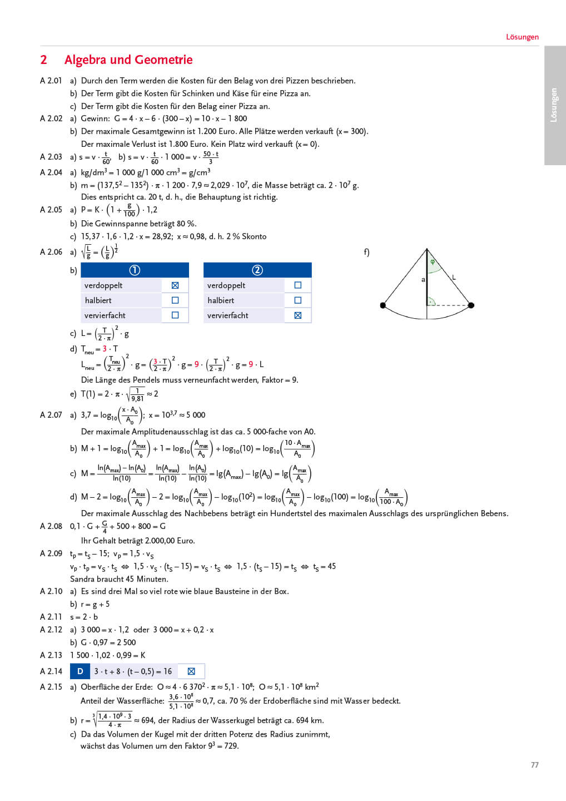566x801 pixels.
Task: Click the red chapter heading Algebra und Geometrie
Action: point(128,60)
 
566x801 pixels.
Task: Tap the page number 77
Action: point(534,765)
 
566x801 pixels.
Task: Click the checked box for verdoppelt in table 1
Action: point(175,285)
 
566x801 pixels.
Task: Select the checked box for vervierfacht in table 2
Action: point(298,315)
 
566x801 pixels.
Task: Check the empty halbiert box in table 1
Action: point(175,300)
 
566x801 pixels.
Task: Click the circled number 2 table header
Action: point(257,270)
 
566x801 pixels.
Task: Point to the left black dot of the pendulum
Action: point(383,305)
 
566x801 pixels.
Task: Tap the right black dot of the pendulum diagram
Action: point(471,305)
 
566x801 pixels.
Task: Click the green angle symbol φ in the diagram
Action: point(433,262)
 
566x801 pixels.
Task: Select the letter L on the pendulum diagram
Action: point(454,277)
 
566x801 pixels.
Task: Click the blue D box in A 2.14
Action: point(80,671)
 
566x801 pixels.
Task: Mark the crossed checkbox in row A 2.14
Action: point(191,671)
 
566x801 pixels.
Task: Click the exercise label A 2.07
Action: point(51,415)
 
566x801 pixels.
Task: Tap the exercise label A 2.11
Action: point(51,617)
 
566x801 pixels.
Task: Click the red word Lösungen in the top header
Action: point(522,37)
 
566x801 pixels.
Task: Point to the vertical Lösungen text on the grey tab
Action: point(554,105)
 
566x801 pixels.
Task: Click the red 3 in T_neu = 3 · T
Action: point(105,349)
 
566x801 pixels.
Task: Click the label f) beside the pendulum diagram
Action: point(366,252)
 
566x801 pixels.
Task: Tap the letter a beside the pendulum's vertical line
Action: point(423,280)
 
